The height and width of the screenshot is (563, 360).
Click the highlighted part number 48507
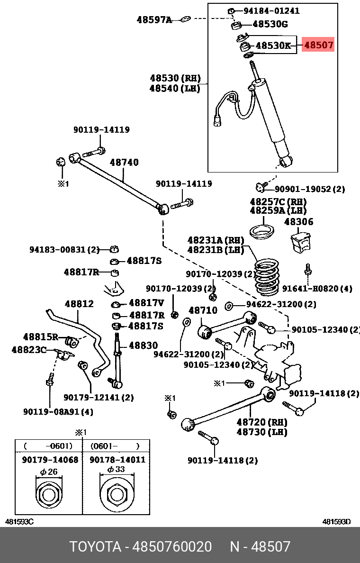[319, 45]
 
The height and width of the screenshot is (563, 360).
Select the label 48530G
[270, 24]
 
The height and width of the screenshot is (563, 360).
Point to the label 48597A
[154, 20]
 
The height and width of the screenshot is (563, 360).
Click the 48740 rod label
[125, 163]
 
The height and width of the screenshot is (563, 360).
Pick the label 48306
[298, 222]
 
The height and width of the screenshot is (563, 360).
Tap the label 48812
[79, 304]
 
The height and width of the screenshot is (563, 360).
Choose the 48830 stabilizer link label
[144, 345]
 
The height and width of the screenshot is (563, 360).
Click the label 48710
[203, 310]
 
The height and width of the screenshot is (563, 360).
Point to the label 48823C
[29, 350]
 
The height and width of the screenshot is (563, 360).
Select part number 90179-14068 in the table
[50, 460]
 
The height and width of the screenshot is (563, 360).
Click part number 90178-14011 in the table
[117, 460]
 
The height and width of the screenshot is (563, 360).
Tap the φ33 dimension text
[116, 470]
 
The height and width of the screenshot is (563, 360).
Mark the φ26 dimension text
[48, 472]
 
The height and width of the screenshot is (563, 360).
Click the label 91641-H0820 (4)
[317, 289]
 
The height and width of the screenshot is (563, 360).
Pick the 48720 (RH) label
[262, 422]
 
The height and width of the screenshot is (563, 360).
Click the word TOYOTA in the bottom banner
[95, 546]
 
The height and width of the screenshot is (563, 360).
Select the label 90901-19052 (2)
[310, 189]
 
